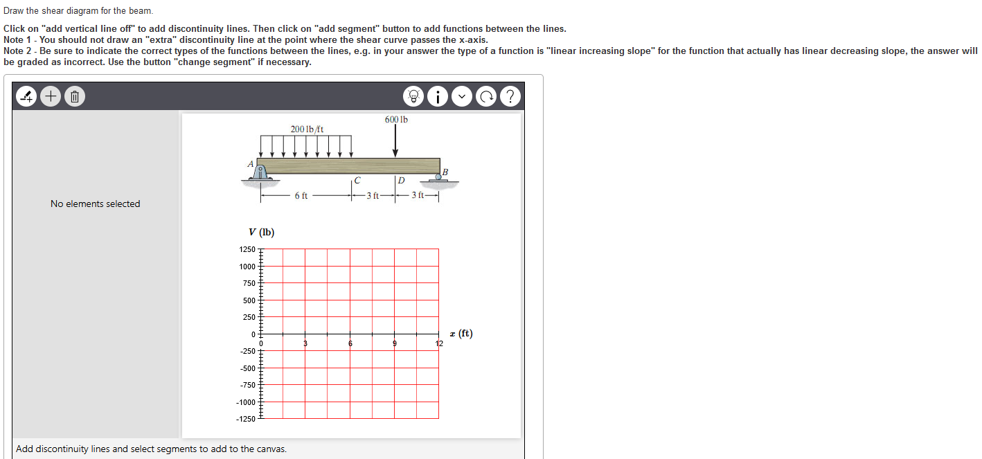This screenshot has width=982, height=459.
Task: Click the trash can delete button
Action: (x=75, y=97)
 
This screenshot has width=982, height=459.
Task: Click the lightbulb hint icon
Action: (x=414, y=97)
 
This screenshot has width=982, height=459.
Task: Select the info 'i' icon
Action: (x=438, y=97)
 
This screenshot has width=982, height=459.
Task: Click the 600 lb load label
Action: (x=396, y=120)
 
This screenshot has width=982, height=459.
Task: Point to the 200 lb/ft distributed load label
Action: (x=307, y=129)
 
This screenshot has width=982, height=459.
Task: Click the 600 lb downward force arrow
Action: (x=395, y=142)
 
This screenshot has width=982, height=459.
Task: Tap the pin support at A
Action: (x=261, y=173)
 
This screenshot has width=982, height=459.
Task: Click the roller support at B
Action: (x=438, y=178)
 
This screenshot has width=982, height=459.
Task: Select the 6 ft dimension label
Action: (x=301, y=196)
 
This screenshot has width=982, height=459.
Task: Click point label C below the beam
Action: (x=357, y=181)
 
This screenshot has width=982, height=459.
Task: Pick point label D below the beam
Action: (x=401, y=181)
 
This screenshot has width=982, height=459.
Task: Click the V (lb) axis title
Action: (x=262, y=233)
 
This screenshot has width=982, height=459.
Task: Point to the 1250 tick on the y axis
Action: (x=247, y=249)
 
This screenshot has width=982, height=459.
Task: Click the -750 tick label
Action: (x=247, y=385)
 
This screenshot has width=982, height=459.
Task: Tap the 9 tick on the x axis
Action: (x=394, y=343)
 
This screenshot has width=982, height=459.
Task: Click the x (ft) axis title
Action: (x=461, y=334)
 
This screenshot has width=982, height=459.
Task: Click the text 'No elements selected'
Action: (x=96, y=204)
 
